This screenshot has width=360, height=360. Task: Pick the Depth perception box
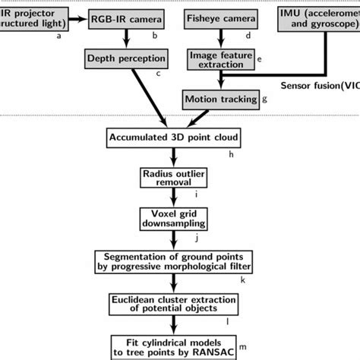pyautogui.click(x=126, y=58)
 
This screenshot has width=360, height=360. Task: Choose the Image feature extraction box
pyautogui.click(x=219, y=58)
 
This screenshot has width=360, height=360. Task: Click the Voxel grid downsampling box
pyautogui.click(x=175, y=219)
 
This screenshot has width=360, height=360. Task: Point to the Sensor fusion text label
pyautogui.click(x=318, y=85)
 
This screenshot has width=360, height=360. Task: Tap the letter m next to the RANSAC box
pyautogui.click(x=264, y=348)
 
